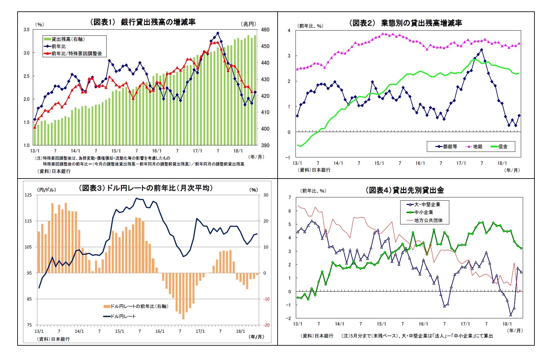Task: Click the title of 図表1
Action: coord(143,22)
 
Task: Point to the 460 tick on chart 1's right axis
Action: coord(265,30)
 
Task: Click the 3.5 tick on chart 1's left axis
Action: coord(26,30)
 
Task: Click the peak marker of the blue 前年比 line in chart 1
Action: coord(217,33)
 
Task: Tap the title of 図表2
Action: coord(405,23)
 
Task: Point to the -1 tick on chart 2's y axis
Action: coord(288,158)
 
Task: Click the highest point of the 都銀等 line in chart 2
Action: coord(481,50)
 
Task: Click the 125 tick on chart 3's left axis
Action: coord(28,195)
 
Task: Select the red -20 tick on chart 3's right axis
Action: coord(266,325)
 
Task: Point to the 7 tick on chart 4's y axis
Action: coord(290,197)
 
